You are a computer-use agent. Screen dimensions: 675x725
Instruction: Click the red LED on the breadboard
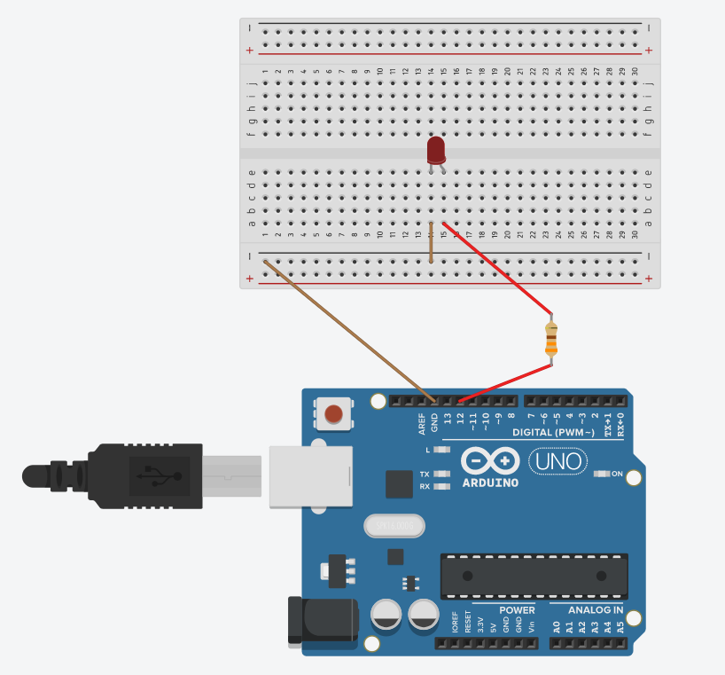[x=435, y=149]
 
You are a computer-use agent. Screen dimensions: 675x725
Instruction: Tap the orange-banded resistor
[x=551, y=339]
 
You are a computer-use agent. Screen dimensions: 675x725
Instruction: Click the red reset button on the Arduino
[x=333, y=413]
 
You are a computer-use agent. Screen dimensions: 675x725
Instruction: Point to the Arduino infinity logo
[x=490, y=460]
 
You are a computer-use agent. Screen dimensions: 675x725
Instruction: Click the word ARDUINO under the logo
[x=490, y=483]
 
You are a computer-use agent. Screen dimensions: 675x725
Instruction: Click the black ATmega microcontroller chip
[x=534, y=576]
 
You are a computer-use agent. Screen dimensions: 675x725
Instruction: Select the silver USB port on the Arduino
[x=310, y=476]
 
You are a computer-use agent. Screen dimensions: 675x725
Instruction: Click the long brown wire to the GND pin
[x=346, y=328]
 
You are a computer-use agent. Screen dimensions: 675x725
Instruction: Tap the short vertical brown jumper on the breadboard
[x=431, y=244]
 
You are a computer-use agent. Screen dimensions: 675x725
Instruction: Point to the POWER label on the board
[x=517, y=610]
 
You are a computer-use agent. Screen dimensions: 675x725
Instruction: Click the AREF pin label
[x=423, y=423]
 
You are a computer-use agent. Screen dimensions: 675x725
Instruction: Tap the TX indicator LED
[x=441, y=475]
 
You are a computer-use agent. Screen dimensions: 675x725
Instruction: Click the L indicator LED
[x=442, y=450]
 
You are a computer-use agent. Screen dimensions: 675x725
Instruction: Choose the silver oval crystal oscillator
[x=390, y=526]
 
